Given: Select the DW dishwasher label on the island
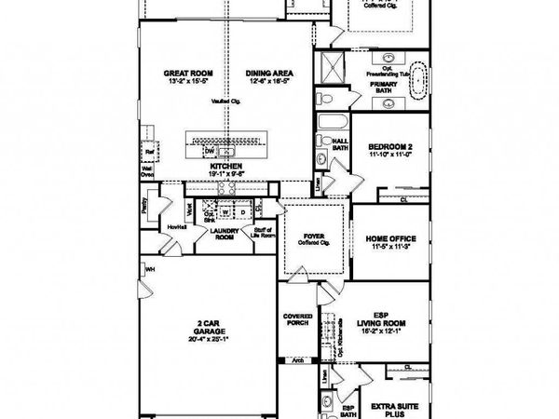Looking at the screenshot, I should click(x=211, y=151).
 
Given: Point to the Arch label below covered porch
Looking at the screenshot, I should click(x=298, y=358).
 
